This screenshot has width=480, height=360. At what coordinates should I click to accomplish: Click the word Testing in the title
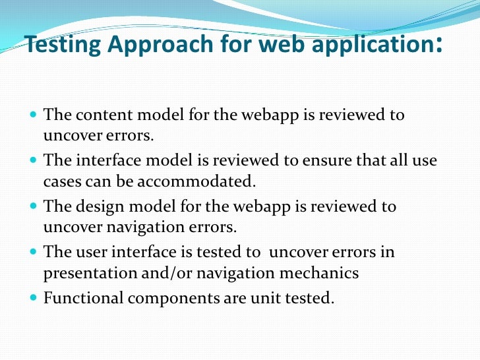(x=57, y=45)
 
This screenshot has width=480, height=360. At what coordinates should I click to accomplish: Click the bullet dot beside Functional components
(x=34, y=297)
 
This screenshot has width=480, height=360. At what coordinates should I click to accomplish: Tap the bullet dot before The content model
(x=34, y=115)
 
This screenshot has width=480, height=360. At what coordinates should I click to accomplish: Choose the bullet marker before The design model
(x=34, y=206)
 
